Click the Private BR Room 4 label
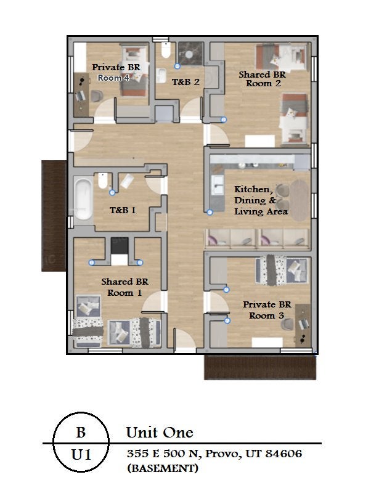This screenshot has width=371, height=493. coord(116,72)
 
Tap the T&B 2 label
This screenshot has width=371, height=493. coord(186,83)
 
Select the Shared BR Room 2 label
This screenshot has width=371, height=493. coord(262,79)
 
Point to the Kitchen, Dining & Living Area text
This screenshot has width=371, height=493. coord(261,200)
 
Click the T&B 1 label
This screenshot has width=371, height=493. coord(123,210)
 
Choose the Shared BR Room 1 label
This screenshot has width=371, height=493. coord(124,287)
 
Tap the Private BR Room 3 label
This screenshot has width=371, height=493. coord(267,310)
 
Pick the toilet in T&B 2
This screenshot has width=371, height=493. coord(166,50)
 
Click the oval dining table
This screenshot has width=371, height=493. coord(300,200)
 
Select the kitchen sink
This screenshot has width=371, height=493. coord(218,185)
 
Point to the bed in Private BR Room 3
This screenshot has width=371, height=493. coord(282,270)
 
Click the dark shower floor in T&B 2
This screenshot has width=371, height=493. coord(191,54)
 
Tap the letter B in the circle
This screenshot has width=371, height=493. coord(81,433)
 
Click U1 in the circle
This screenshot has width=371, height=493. coord(81,455)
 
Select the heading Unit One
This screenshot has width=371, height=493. coord(160,433)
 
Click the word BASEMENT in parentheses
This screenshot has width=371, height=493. coord(163,468)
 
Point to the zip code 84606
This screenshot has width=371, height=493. coord(283,454)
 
